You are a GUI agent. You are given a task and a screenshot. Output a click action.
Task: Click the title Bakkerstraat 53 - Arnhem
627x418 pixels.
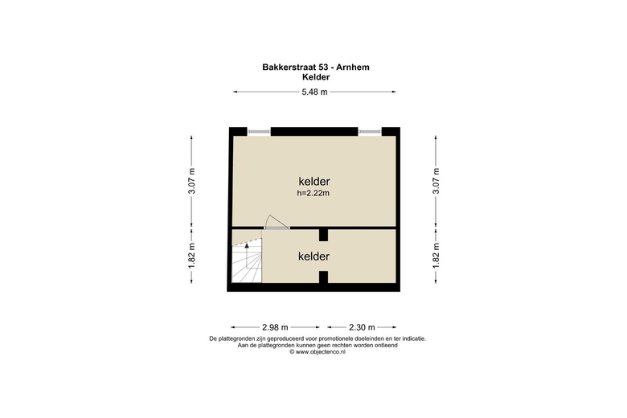coord(315,68)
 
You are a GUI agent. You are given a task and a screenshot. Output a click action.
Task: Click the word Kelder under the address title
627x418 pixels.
coord(316,77)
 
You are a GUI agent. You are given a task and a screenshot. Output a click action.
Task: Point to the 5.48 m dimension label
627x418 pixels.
coord(314,92)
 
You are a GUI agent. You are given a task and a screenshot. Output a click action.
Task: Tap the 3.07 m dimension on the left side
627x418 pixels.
coord(192,181)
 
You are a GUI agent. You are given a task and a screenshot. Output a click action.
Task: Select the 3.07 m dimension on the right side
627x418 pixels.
coord(436,181)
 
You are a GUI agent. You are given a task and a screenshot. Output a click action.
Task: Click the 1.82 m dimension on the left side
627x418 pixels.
coord(192,256)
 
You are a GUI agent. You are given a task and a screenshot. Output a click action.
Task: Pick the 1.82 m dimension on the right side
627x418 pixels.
coord(436,256)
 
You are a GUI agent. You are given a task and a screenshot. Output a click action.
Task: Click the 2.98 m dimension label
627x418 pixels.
coord(275,327)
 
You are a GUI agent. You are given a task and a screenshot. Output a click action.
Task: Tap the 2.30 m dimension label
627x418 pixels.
coord(362,327)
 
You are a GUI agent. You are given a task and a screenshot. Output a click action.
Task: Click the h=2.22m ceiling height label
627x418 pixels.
coord(313,193)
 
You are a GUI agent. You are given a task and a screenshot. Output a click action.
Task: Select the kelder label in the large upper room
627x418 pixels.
coord(314,181)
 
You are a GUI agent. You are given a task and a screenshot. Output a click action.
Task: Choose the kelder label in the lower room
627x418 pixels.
coord(313,256)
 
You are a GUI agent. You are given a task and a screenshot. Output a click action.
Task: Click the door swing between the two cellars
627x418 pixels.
coord(277,222)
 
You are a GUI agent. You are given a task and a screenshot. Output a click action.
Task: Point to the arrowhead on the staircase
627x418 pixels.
coord(247,246)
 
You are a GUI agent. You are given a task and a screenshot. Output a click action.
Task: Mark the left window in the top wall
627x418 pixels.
coord(259,131)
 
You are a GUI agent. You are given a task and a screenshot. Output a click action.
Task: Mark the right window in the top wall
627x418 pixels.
coord(370,131)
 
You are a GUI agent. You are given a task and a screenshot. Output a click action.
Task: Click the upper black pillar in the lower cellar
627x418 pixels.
coord(323,235)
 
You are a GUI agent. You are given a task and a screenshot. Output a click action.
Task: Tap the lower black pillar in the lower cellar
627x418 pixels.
coord(323,277)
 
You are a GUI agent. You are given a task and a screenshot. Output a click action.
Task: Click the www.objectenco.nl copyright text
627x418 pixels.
coord(318,352)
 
